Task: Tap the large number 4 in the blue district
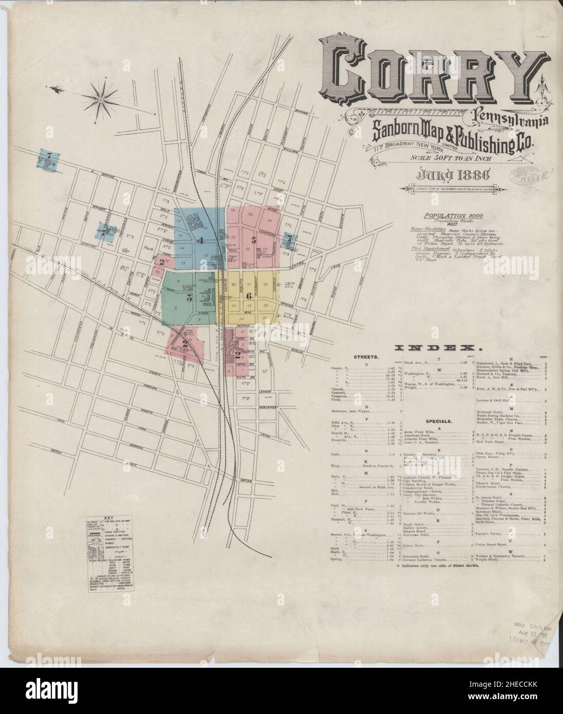click(x=201, y=240)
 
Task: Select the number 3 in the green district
click(x=189, y=297)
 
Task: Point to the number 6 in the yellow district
click(x=249, y=295)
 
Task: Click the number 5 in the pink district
click(x=253, y=239)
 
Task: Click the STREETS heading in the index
click(x=366, y=356)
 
